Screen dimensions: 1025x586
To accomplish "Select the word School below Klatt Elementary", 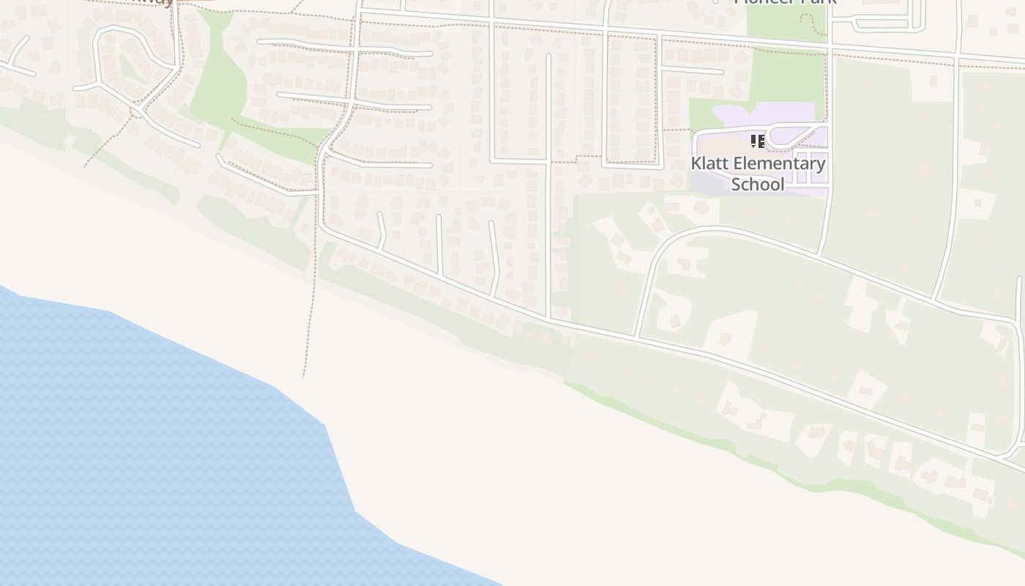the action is [758, 184].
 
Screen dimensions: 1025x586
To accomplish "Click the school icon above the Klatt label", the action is [758, 141].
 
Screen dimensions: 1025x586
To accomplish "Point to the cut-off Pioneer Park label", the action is [785, 2].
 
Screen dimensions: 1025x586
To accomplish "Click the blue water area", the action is [146, 439].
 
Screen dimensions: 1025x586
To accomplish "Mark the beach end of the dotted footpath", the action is [303, 377].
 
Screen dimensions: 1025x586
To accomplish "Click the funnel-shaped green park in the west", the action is [220, 81].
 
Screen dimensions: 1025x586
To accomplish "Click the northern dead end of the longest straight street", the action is [548, 56].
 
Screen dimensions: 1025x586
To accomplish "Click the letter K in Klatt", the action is [696, 163].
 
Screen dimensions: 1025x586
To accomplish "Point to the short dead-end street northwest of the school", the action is [692, 71].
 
